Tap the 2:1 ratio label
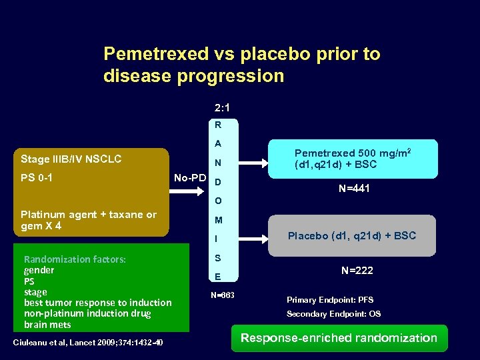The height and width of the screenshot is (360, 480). [x=223, y=107]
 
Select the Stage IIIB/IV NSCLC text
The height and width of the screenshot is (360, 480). [x=71, y=159]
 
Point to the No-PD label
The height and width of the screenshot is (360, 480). [x=190, y=178]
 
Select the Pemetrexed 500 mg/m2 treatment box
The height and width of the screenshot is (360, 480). [x=353, y=159]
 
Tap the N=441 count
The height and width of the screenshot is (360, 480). [x=353, y=189]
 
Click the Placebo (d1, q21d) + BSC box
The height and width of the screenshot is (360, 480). [x=351, y=235]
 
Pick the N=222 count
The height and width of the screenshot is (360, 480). [x=357, y=270]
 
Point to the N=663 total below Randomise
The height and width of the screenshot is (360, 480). [x=222, y=295]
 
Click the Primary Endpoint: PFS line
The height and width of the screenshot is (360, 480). [x=330, y=300]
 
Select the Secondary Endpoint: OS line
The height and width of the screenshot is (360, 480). [x=333, y=313]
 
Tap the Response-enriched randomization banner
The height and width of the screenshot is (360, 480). [x=339, y=338]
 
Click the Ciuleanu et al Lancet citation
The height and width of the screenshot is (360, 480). [x=88, y=343]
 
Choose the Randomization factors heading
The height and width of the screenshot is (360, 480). [x=75, y=259]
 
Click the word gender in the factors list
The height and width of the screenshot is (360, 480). [x=39, y=270]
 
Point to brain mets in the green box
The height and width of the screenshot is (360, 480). [x=47, y=325]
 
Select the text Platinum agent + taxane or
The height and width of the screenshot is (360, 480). [x=89, y=215]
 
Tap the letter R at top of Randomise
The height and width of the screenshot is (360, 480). [x=218, y=125]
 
